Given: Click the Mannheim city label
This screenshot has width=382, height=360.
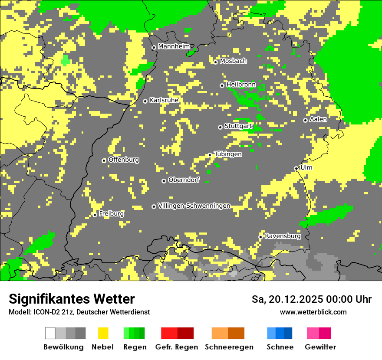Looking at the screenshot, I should point(174,46).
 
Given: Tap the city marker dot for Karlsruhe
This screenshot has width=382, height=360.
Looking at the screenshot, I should point(145,101).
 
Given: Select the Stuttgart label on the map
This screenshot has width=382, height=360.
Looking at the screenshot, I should point(238,126).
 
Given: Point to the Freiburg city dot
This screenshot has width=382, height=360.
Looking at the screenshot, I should point(95,215).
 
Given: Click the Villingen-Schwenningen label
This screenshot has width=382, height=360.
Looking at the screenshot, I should point(194,206).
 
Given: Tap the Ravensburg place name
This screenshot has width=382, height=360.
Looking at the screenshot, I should point(283,236).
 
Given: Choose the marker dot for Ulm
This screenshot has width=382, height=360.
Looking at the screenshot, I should point(296,168).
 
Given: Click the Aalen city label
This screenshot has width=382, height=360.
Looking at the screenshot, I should point(318,119).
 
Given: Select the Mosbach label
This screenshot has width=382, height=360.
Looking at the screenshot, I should point(233,61).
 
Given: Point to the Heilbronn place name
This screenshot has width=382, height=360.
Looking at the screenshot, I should point(241,85).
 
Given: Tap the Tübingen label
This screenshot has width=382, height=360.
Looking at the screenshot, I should point(228,154).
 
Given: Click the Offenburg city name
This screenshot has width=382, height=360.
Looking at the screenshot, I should point(124,160).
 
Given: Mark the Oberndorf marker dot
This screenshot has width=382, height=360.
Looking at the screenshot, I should point(164,181).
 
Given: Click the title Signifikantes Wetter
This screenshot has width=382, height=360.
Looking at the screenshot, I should point(72,299).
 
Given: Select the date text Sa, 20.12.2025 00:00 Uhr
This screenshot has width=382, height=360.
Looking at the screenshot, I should point(312,299).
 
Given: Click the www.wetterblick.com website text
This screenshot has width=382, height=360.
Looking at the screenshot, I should point(313,312).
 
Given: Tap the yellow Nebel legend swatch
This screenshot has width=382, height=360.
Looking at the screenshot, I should point(103,333).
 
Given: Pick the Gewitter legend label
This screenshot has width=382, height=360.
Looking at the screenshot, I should point(320,347).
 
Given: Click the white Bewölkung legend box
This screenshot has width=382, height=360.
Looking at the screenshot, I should point(50,333).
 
